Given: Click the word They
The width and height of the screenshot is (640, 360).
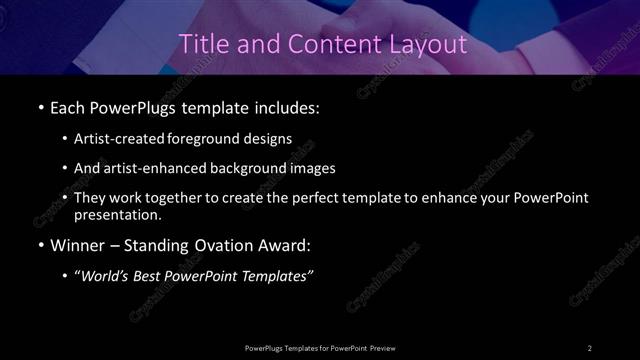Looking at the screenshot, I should coord(92,198).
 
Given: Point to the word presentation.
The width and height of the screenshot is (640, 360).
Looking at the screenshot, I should coord(117,215).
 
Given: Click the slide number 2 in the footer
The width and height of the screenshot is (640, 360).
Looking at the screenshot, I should coord(590,347).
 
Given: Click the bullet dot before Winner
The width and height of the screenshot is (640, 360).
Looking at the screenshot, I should coord(39,247).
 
